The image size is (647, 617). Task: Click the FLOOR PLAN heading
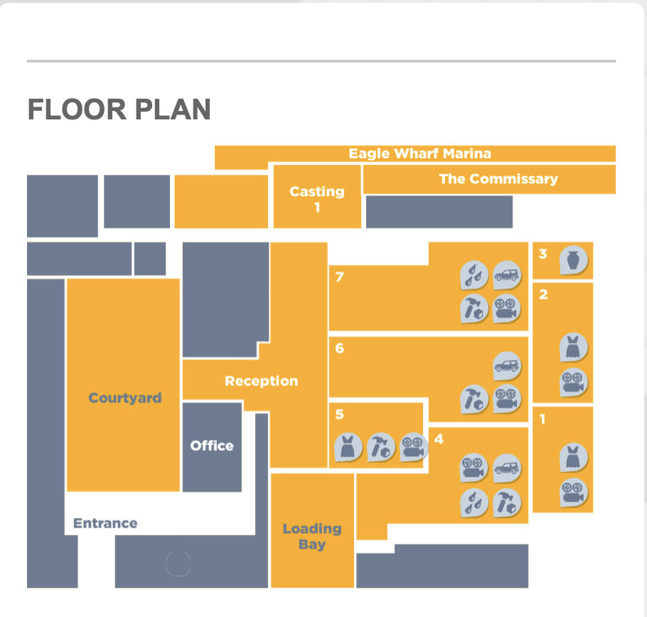click(119, 109)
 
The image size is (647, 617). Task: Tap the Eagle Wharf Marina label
click(420, 154)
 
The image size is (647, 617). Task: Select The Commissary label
click(498, 178)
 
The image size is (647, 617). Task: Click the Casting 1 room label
click(317, 199)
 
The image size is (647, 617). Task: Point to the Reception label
click(261, 381)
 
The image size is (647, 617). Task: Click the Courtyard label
click(125, 398)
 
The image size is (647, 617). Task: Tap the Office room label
click(212, 446)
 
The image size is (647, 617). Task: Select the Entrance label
click(105, 523)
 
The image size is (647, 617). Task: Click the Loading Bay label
click(312, 536)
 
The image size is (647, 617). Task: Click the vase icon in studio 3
click(574, 260)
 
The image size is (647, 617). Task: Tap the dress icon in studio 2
click(573, 348)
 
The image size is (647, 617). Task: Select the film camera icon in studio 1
click(573, 493)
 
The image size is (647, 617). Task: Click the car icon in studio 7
click(507, 274)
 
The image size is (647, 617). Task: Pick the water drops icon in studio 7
click(474, 275)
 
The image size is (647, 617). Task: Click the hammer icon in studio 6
click(474, 399)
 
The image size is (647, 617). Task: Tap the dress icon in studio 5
click(348, 448)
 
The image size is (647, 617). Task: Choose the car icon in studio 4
click(507, 468)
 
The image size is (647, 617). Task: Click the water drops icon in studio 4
click(474, 503)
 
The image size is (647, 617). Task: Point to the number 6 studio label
click(339, 348)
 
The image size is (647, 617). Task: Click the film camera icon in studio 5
click(414, 448)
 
